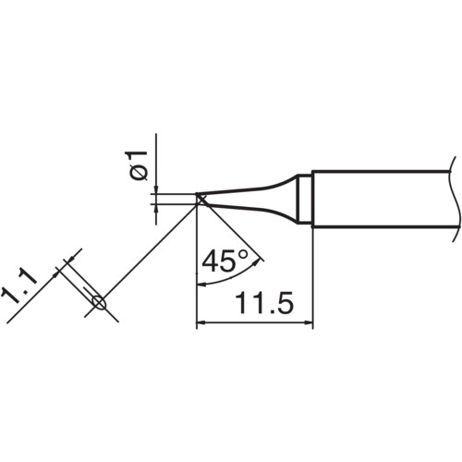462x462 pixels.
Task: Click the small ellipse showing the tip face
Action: [100, 301]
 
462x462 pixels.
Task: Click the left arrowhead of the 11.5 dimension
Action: [203, 324]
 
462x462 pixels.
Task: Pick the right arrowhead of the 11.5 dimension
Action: [309, 324]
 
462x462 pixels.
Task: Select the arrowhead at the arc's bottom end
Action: [201, 282]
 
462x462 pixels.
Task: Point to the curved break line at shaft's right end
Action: [452, 198]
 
